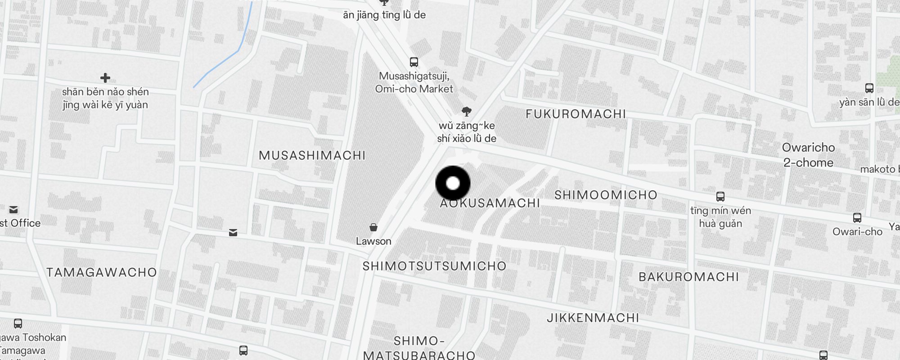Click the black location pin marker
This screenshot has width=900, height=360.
coord(453,183)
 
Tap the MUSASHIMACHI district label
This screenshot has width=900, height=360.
coord(312,156)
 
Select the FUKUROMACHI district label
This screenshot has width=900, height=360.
coord(576,114)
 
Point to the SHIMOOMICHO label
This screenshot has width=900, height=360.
coord(606,195)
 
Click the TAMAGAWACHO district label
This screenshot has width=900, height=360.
coord(102,273)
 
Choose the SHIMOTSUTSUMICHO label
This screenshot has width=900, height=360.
coord(434,266)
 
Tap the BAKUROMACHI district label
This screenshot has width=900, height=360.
coord(688,277)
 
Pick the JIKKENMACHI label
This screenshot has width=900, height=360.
coord(593,318)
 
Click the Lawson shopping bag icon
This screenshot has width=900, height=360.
coord(373,227)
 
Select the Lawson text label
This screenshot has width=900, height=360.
coord(373,241)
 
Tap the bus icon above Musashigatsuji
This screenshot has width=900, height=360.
coord(414,62)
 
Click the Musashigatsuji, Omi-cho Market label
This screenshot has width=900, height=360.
coord(414,82)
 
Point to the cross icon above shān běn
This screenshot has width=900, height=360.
coord(105,78)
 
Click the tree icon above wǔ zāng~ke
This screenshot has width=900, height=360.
coord(467,112)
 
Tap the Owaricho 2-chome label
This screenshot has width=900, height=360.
coord(808,155)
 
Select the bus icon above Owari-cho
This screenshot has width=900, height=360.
coord(857,218)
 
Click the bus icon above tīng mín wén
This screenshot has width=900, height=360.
coord(720,197)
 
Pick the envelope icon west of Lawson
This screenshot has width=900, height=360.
coord(233,233)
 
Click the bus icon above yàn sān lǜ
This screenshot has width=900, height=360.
coord(869,88)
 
